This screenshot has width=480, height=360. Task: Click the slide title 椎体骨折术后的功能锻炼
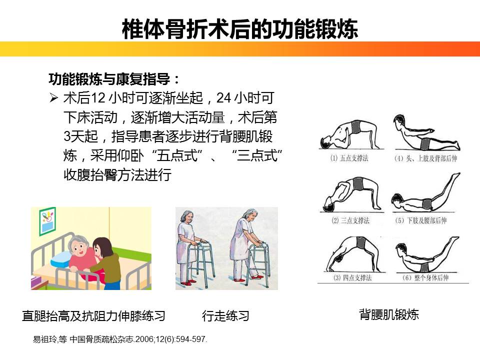[240, 29]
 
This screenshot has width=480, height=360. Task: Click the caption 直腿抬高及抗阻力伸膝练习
[93, 316]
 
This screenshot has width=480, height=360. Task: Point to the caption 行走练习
[225, 316]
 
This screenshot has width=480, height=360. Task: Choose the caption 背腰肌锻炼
[388, 314]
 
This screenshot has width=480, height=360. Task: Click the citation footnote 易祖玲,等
[120, 339]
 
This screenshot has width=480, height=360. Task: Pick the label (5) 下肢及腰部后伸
[425, 220]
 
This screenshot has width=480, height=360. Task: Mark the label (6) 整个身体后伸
[425, 277]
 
